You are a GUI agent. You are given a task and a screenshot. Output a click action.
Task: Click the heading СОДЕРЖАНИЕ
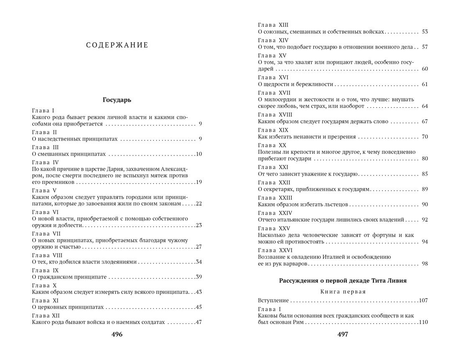click(117, 45)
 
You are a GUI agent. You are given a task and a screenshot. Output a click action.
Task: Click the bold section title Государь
click(117, 100)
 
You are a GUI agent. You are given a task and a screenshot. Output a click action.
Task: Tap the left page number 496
click(117, 334)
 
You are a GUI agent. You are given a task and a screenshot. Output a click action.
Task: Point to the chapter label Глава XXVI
click(274, 250)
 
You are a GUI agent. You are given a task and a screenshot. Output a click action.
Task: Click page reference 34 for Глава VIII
click(199, 262)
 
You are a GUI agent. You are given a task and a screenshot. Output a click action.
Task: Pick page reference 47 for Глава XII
click(199, 322)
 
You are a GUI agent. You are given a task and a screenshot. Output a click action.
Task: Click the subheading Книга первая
click(342, 291)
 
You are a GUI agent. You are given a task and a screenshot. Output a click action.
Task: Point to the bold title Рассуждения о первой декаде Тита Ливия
click(342, 281)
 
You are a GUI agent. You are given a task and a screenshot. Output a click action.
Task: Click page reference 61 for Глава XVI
click(424, 84)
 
